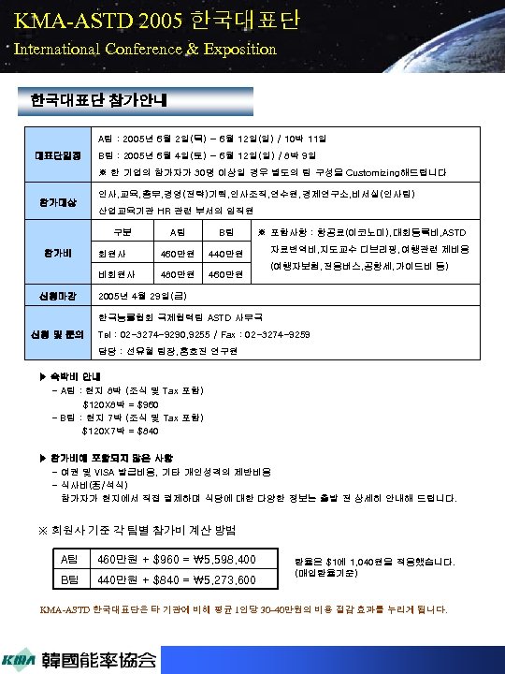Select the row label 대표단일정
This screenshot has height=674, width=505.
(x=58, y=154)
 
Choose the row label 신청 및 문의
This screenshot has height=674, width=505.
(x=58, y=335)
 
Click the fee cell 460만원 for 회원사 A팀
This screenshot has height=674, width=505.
(x=178, y=255)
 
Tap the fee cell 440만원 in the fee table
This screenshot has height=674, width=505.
(x=225, y=255)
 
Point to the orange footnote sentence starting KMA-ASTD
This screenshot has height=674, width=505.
(x=243, y=609)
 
